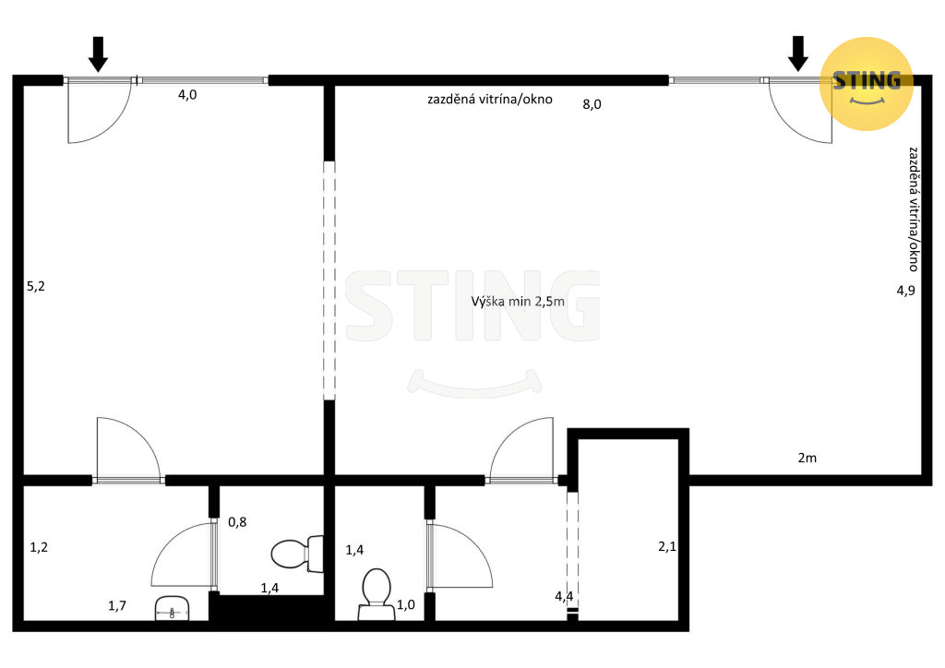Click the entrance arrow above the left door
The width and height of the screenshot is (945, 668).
(x=98, y=54)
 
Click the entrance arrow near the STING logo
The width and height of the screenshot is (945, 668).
(x=798, y=54)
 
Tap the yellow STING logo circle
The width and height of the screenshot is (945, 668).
(x=867, y=84)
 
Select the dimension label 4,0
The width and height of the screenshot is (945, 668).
(x=187, y=94)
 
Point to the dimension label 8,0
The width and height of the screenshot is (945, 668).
(x=592, y=104)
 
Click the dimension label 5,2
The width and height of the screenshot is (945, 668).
(x=36, y=286)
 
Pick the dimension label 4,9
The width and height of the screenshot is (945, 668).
(x=905, y=291)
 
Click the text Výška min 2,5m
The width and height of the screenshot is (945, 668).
(x=518, y=301)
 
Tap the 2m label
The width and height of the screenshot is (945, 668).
(x=807, y=458)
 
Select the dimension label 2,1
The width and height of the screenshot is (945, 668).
(x=667, y=547)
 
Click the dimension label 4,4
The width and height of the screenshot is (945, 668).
(x=564, y=596)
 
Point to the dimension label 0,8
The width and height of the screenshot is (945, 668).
(x=237, y=521)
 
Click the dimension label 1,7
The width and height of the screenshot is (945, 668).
(x=117, y=605)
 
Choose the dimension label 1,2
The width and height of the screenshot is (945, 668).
(x=39, y=547)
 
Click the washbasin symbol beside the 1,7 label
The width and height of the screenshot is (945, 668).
(x=173, y=608)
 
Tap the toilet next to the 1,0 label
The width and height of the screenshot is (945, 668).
(x=377, y=594)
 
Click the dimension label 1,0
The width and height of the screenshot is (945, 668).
(x=406, y=604)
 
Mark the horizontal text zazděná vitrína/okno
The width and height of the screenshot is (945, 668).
(x=490, y=100)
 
